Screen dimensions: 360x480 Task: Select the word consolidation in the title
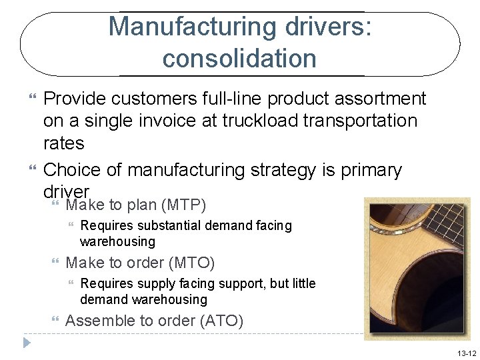point(239,59)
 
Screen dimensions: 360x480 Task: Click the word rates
point(63,143)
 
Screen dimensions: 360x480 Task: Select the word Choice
point(75,170)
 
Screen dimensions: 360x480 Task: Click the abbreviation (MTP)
point(180,203)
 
